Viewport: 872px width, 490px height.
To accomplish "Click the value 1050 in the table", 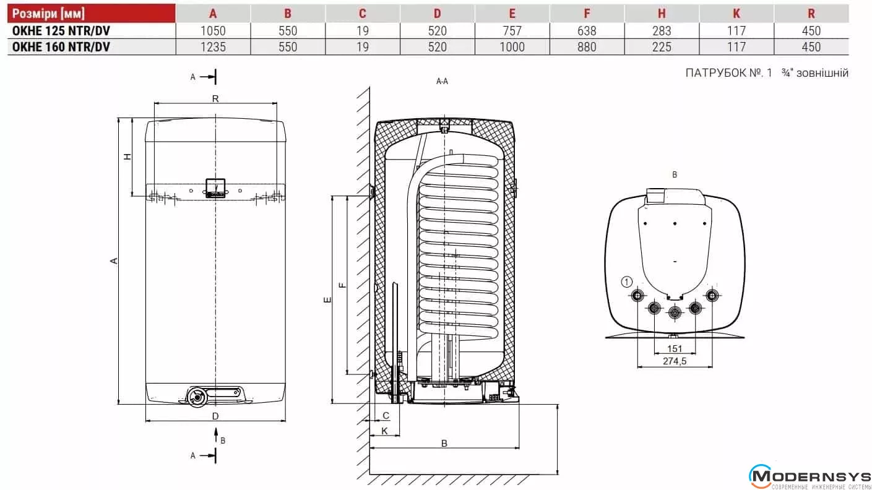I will (x=213, y=31).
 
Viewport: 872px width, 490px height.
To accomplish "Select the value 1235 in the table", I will (x=213, y=47).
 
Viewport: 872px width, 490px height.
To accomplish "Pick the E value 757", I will (x=512, y=31).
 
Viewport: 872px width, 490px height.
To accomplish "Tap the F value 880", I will (x=586, y=47).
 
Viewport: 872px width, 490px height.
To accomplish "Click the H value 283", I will (x=661, y=31).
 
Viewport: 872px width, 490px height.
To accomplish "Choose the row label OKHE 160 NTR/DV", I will (x=61, y=47).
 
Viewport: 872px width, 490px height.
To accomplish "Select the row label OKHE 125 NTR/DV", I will (x=61, y=31).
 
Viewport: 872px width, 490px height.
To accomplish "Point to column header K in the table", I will (x=736, y=14).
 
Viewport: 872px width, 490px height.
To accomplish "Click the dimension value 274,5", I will (x=675, y=361).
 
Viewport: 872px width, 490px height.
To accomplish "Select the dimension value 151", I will (x=675, y=349).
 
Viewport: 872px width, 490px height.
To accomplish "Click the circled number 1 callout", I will (x=626, y=282).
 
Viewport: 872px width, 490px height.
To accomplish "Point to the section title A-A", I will (x=442, y=81).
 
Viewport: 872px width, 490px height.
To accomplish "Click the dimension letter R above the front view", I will (x=215, y=98).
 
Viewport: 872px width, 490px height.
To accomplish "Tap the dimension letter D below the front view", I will (x=215, y=416).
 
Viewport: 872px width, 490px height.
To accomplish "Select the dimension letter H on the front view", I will (x=127, y=157).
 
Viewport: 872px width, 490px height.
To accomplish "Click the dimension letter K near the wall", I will (x=384, y=430).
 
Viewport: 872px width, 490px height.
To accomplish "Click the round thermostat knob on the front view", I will (x=197, y=398).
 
